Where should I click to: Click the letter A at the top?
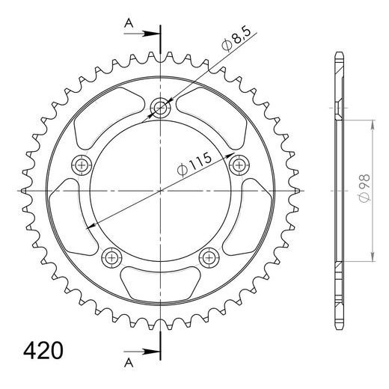click(129, 24)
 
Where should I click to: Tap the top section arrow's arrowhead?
click(154, 34)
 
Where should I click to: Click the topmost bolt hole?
click(161, 108)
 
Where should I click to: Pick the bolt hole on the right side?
click(240, 163)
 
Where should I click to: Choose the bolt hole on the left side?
click(81, 163)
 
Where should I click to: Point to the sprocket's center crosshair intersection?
click(161, 192)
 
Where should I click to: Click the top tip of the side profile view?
click(338, 54)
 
